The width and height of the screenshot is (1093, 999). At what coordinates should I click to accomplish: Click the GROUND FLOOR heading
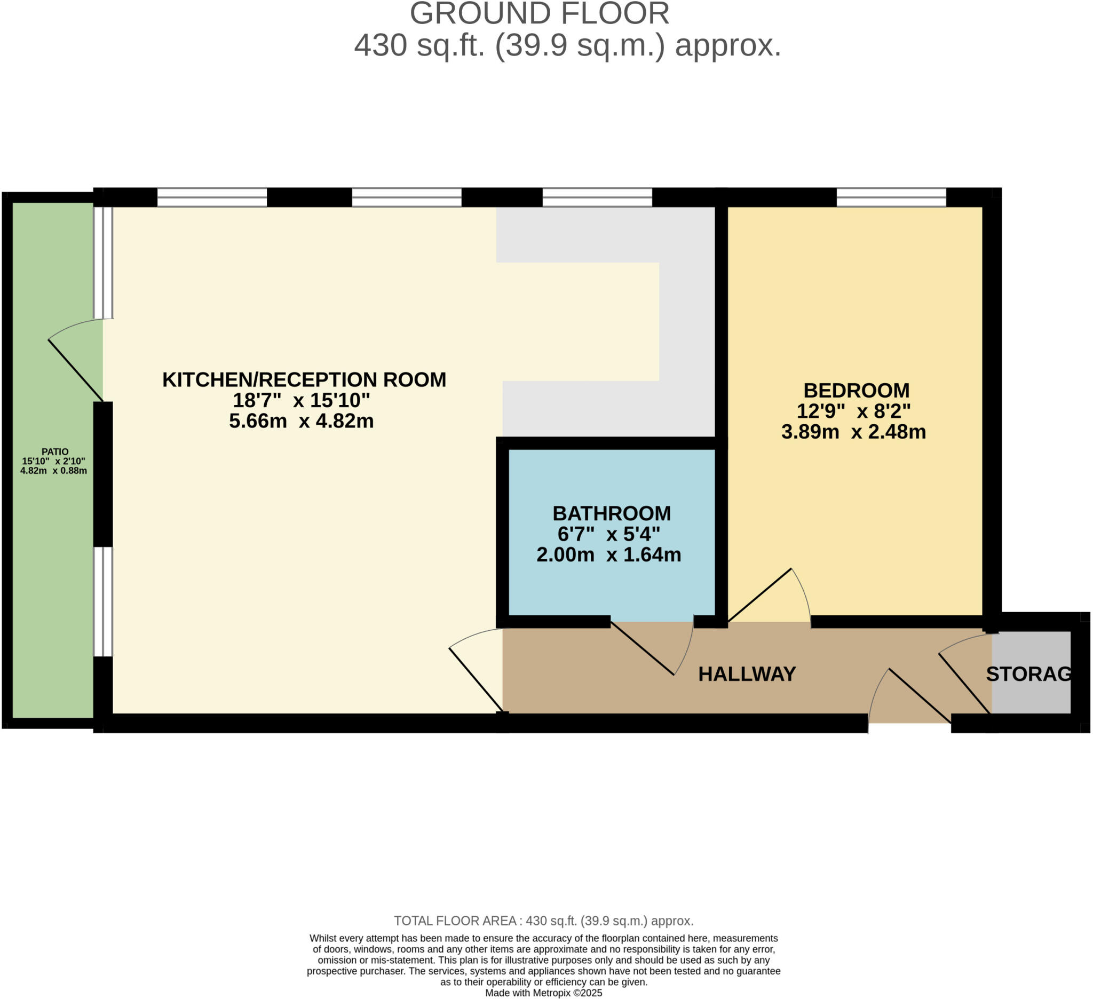tap(540, 13)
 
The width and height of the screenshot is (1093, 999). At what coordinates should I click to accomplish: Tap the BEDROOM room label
tap(856, 390)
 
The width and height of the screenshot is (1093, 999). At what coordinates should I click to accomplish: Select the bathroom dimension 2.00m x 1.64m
tap(608, 554)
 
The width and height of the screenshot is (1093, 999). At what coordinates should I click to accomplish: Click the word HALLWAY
tap(747, 674)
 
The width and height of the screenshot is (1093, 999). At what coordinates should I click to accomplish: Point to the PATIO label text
tap(55, 451)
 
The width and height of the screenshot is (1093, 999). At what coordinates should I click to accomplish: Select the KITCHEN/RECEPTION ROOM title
tap(304, 379)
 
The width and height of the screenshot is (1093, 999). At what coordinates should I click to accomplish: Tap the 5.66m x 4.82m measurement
tap(302, 421)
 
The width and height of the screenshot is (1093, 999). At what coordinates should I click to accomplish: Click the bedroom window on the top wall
tap(891, 197)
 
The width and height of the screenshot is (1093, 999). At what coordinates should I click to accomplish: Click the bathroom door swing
tap(651, 651)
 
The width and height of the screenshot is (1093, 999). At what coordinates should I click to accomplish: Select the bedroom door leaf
tap(759, 595)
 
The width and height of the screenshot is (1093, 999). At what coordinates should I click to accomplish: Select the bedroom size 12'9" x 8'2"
tap(853, 411)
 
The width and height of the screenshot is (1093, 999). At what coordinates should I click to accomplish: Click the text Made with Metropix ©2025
tap(543, 993)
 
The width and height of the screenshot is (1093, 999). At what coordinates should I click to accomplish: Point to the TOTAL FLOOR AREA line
tap(543, 921)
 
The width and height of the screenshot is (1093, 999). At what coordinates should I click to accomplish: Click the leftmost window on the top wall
tap(212, 197)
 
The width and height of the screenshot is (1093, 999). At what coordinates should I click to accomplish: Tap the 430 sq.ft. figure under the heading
tap(418, 45)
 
